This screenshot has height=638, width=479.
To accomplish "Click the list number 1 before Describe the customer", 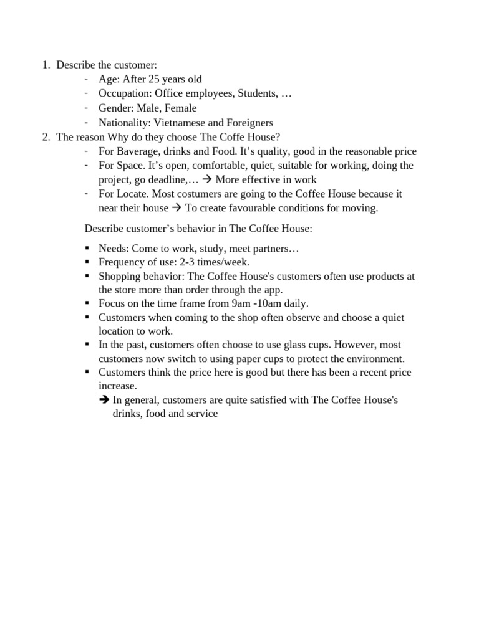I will click(x=46, y=65).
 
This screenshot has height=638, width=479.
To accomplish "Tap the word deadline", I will click(x=169, y=180).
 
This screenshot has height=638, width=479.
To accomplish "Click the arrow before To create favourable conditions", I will click(x=177, y=208).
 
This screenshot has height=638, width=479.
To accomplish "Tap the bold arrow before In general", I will click(x=104, y=400).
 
